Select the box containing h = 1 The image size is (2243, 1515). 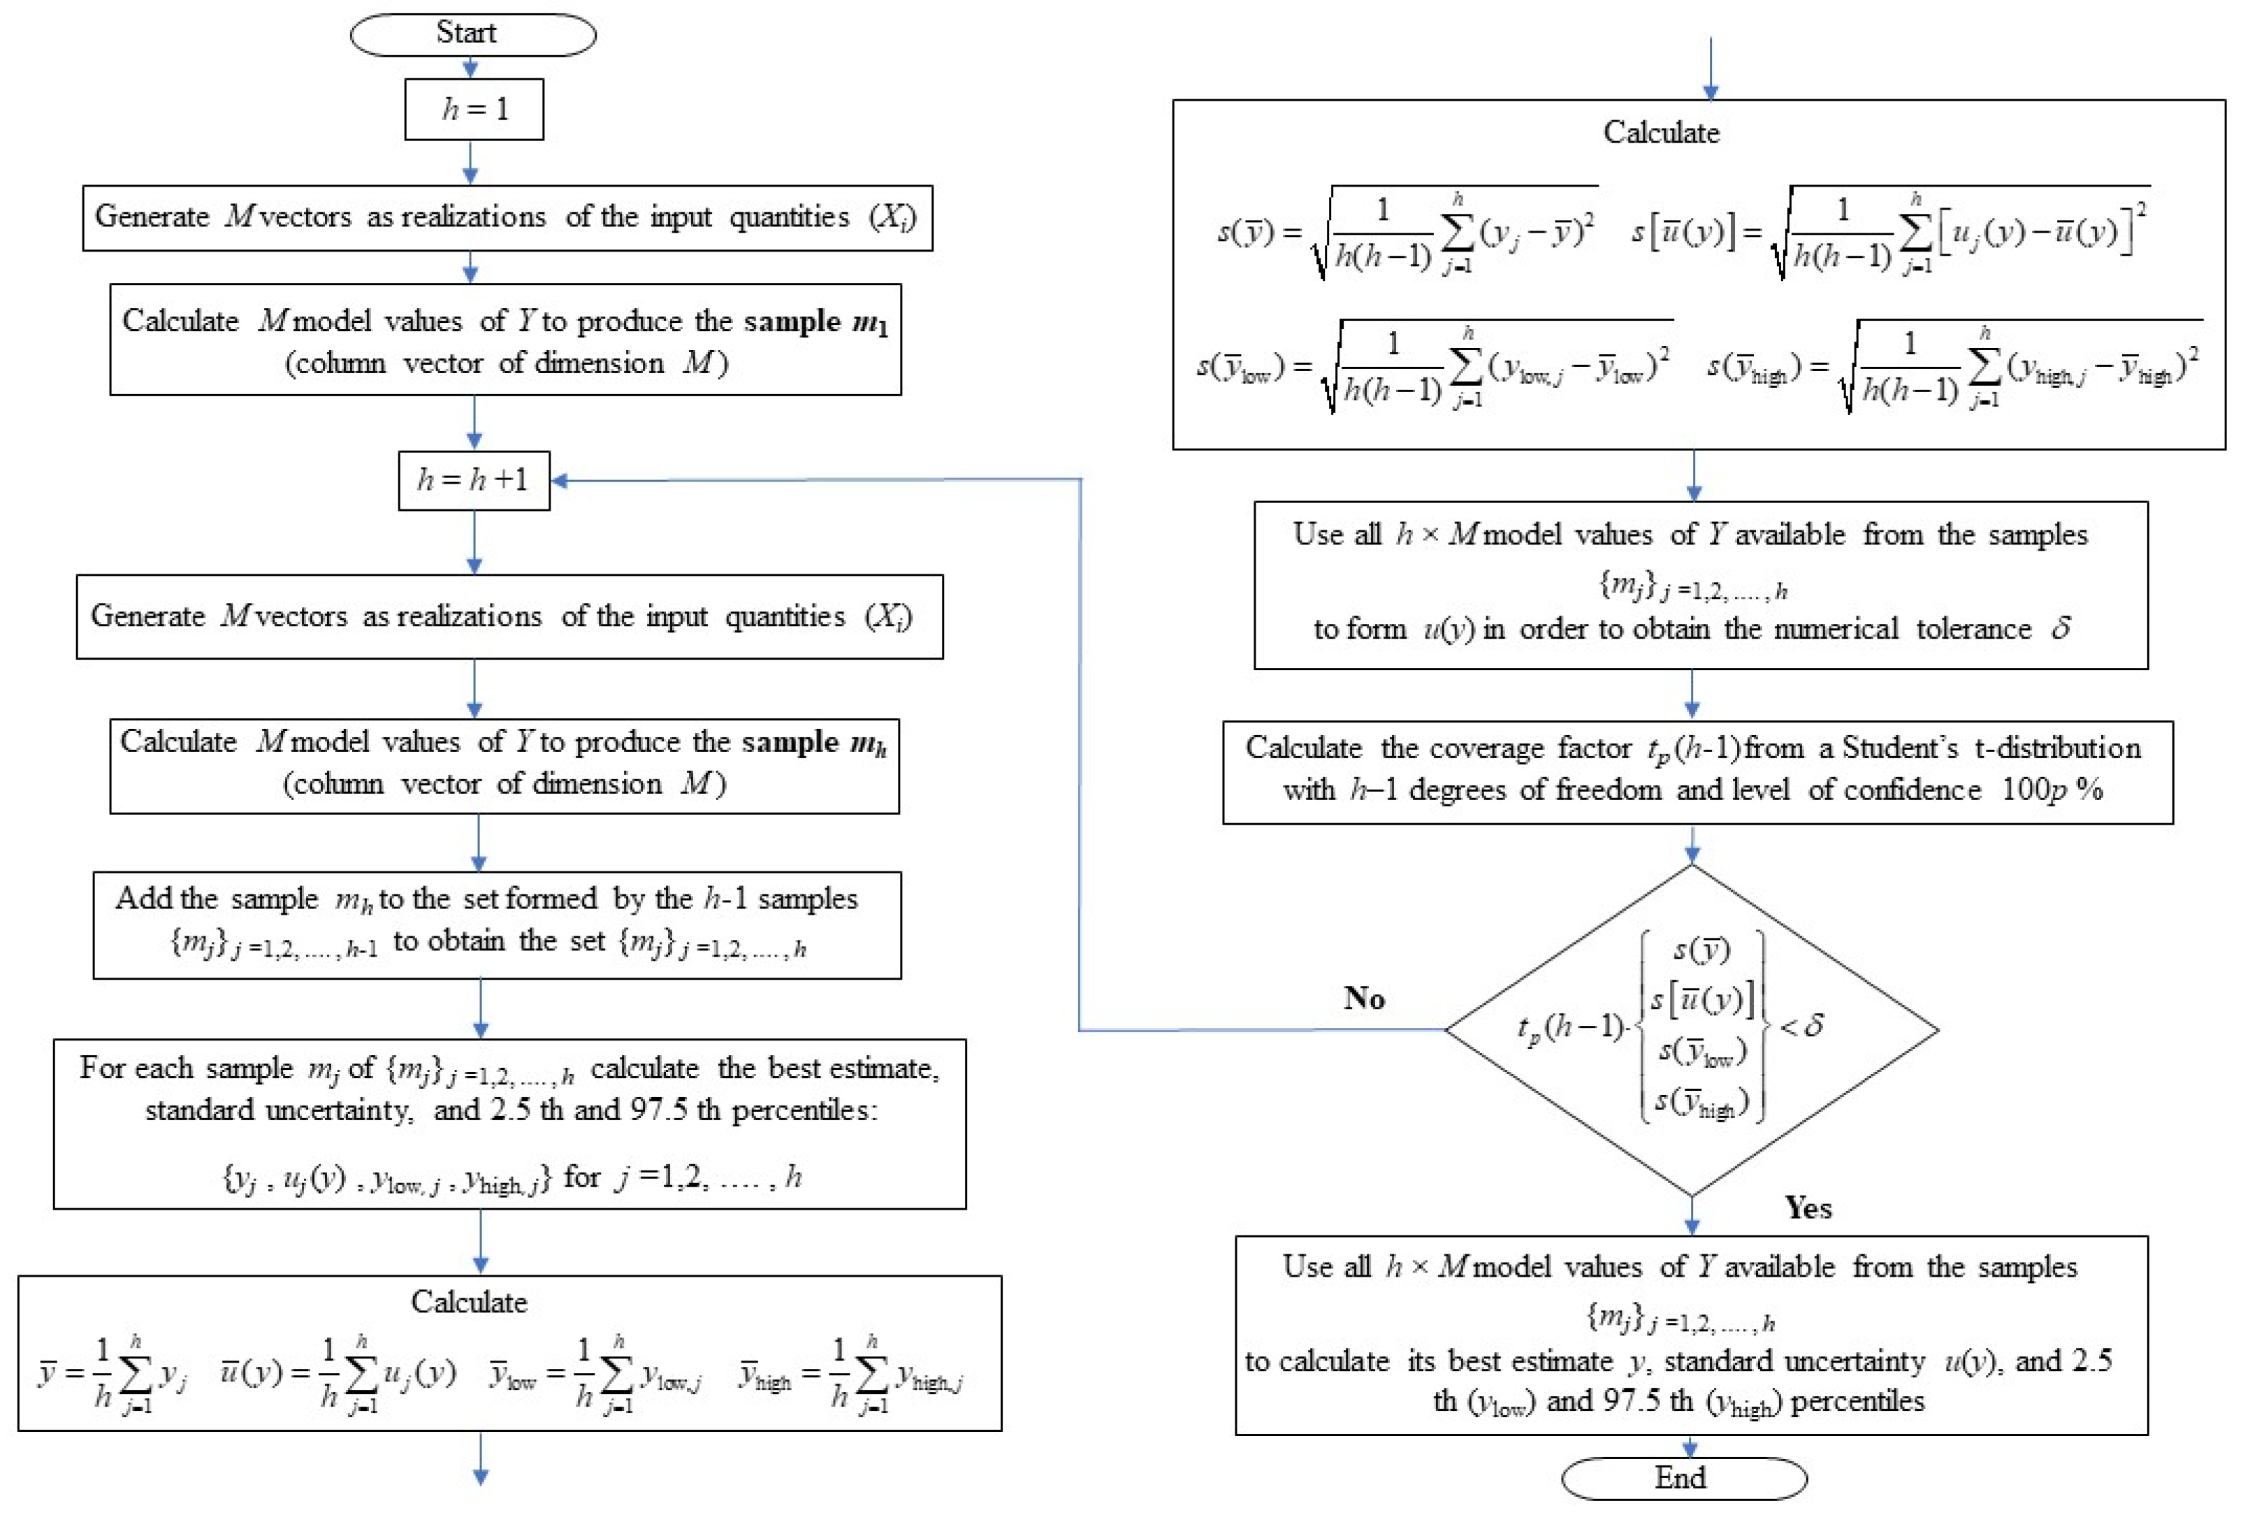point(474,109)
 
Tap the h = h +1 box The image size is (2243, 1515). point(474,479)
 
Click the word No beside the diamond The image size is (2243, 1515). point(1364,998)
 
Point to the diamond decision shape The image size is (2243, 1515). point(1691,1029)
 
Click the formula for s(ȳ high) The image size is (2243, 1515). point(1954,367)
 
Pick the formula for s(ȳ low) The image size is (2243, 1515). point(1433,367)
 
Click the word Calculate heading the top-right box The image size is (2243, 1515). point(1660,132)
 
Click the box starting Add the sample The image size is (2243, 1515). point(497,925)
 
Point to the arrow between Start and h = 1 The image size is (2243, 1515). point(470,68)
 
